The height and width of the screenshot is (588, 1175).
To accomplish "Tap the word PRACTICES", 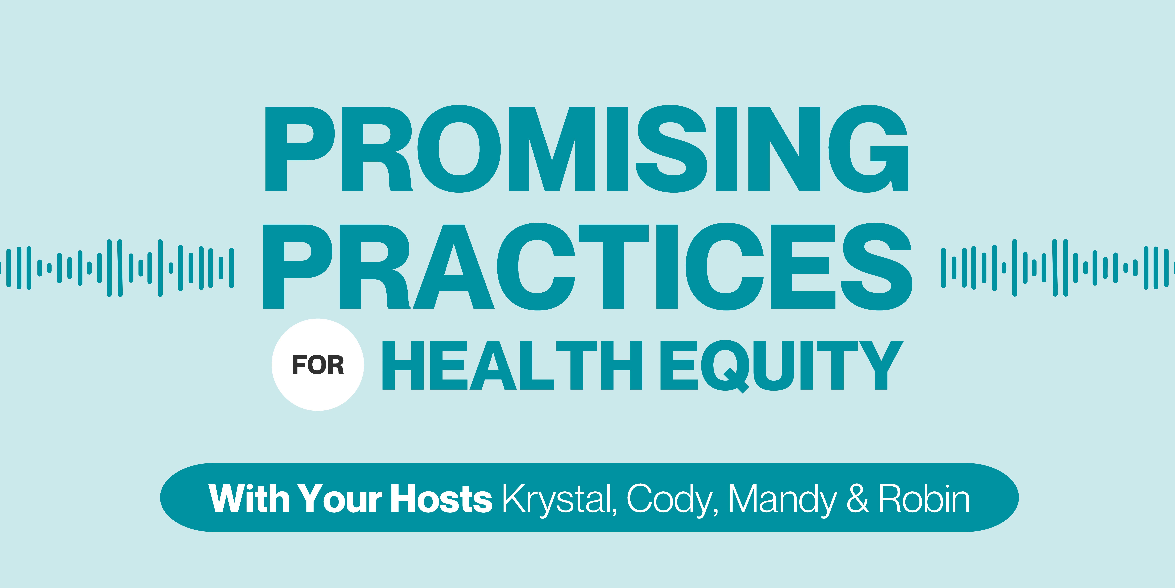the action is point(588,267).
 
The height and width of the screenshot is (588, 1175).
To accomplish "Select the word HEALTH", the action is point(512,365).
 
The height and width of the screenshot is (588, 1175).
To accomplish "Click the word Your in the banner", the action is point(340,498).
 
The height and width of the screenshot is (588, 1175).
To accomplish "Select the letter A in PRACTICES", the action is point(454,267).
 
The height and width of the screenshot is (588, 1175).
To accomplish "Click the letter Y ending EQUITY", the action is point(881,365).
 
